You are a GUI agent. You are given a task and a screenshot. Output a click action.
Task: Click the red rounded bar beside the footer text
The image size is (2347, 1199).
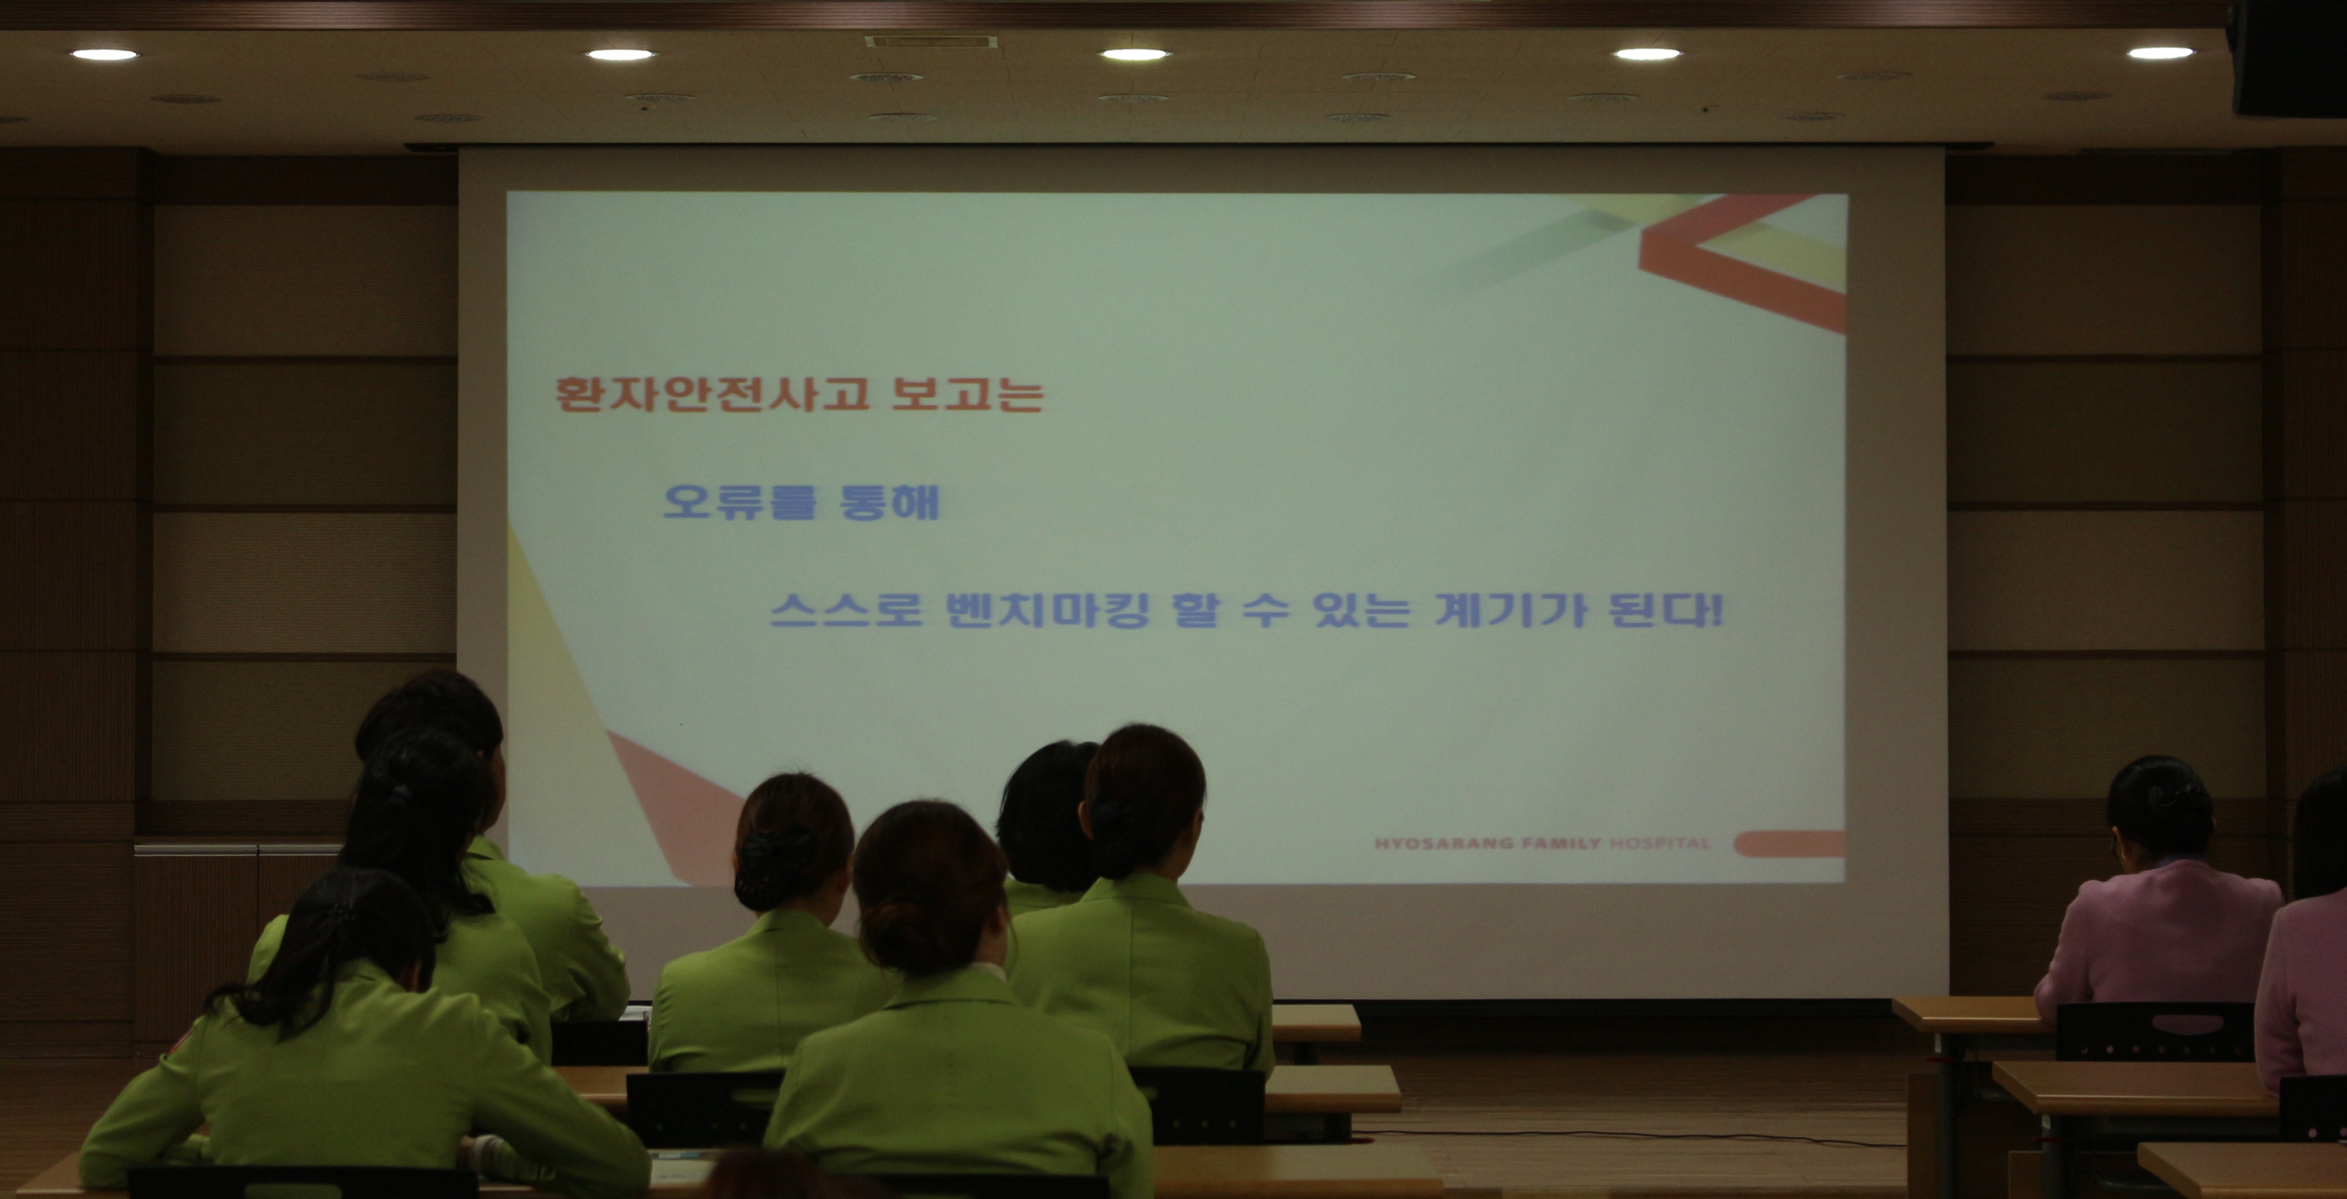click(1787, 844)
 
